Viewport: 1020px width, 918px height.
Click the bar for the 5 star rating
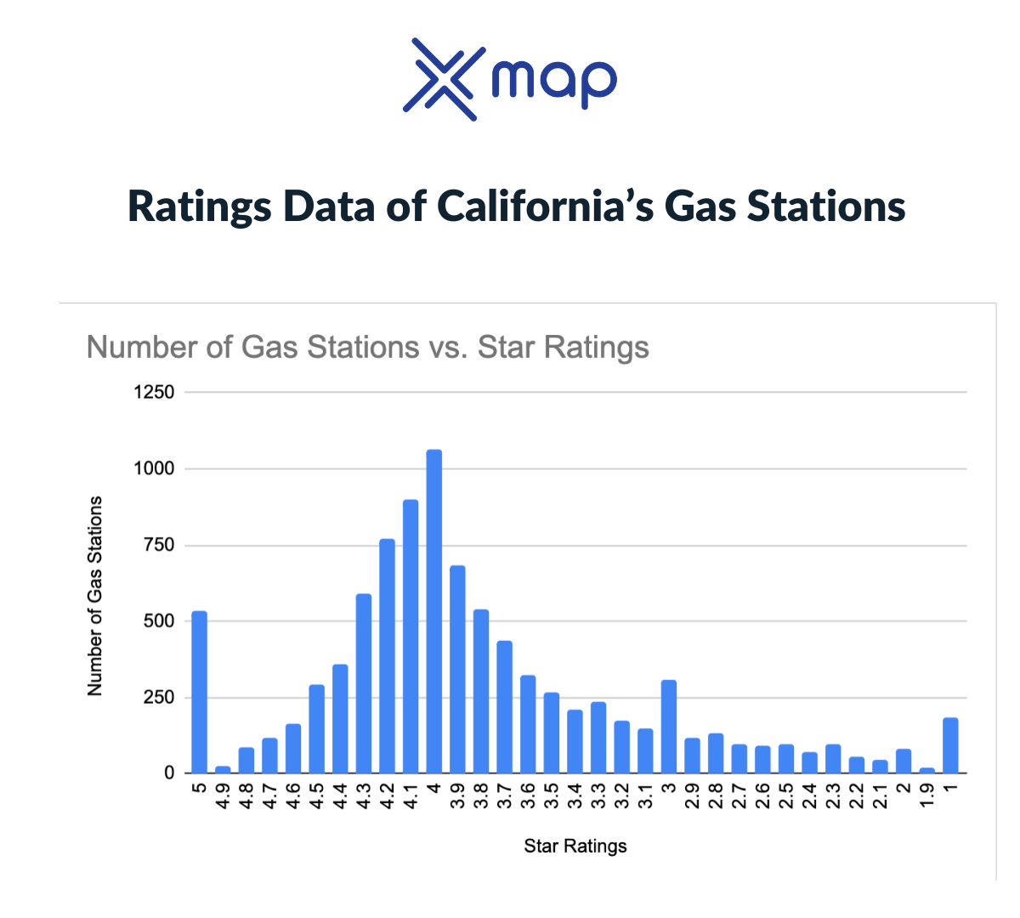[x=199, y=692]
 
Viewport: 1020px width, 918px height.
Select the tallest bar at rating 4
[x=433, y=611]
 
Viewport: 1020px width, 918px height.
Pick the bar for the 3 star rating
[x=669, y=727]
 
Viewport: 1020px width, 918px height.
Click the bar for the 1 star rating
[x=950, y=745]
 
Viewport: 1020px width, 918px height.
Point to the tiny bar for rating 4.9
[x=223, y=769]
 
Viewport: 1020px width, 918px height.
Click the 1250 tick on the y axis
[x=154, y=393]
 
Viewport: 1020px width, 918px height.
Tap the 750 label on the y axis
[x=159, y=545]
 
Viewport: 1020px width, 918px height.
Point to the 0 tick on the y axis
[x=169, y=773]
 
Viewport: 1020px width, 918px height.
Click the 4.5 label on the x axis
[x=317, y=795]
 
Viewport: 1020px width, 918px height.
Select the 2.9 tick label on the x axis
[x=692, y=795]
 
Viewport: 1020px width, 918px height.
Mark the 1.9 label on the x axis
[x=927, y=795]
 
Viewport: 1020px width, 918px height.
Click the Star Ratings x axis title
[x=575, y=846]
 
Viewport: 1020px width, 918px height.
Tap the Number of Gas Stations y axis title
[x=95, y=596]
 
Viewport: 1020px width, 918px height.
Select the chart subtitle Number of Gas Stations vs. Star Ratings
[x=367, y=347]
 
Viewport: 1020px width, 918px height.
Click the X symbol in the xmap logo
[x=439, y=79]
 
